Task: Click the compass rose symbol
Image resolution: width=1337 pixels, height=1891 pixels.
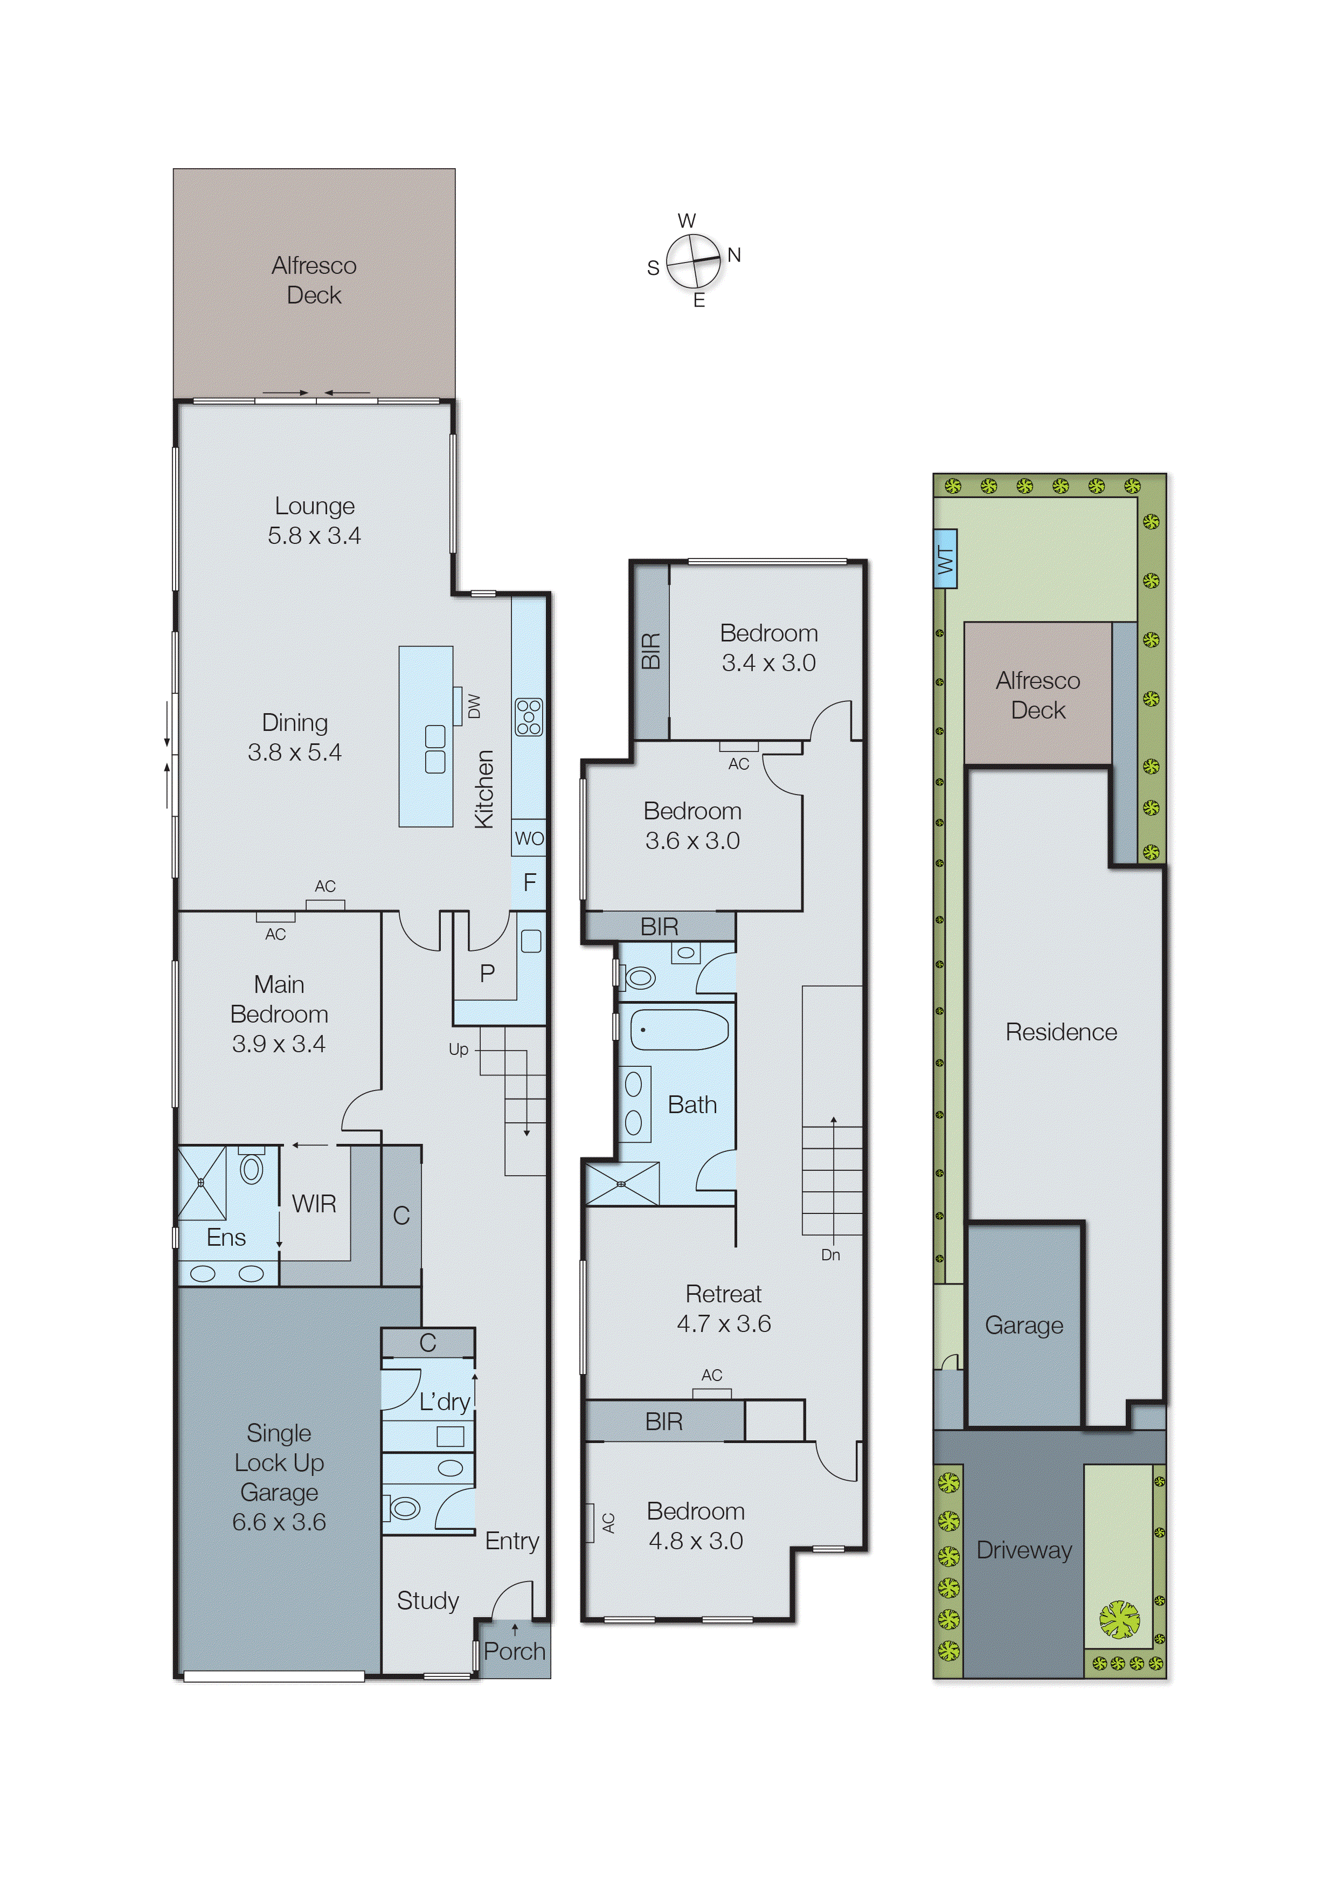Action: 693,261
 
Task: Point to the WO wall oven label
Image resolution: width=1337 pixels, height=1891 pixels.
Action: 529,838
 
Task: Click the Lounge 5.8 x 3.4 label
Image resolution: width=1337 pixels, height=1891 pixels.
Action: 315,521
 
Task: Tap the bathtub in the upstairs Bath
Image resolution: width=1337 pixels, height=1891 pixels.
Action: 678,1030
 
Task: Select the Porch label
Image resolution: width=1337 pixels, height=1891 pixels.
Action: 515,1651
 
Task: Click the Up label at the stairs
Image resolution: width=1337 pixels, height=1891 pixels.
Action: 458,1050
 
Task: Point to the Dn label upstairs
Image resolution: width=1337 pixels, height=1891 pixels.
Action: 830,1255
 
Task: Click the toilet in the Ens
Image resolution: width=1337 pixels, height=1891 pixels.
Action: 251,1169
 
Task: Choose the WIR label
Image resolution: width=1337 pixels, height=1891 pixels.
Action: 314,1204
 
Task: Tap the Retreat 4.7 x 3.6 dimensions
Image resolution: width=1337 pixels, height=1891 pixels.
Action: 724,1323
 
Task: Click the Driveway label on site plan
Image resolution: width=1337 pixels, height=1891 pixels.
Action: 1023,1550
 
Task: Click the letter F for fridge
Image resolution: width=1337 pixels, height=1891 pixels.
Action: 529,882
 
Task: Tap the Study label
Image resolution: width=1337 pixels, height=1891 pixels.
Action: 427,1600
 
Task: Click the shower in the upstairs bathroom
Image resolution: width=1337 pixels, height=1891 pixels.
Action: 621,1184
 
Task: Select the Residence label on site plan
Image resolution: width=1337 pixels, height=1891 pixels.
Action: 1061,1032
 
